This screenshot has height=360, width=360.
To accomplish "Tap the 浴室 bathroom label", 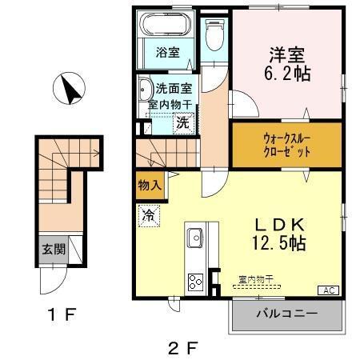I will click(167, 54).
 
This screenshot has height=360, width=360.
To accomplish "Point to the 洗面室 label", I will click(171, 89).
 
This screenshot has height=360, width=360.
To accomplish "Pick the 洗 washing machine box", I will click(183, 123).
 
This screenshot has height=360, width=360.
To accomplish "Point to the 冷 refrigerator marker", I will click(148, 214).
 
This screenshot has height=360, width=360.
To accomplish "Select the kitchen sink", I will click(194, 238).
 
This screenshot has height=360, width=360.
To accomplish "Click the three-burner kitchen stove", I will click(195, 282).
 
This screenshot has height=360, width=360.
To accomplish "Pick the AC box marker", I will click(328, 290).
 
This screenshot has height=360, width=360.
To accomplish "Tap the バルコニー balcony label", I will click(286, 312).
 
